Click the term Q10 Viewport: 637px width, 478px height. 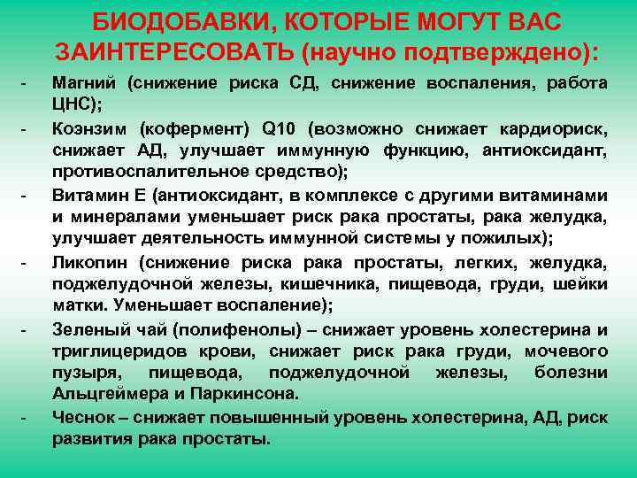282,127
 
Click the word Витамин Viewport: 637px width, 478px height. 90,194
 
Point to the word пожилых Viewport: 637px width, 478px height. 508,238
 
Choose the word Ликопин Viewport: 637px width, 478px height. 88,261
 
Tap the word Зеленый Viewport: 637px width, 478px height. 88,329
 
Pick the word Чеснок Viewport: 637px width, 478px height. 85,417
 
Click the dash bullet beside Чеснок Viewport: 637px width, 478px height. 23,417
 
